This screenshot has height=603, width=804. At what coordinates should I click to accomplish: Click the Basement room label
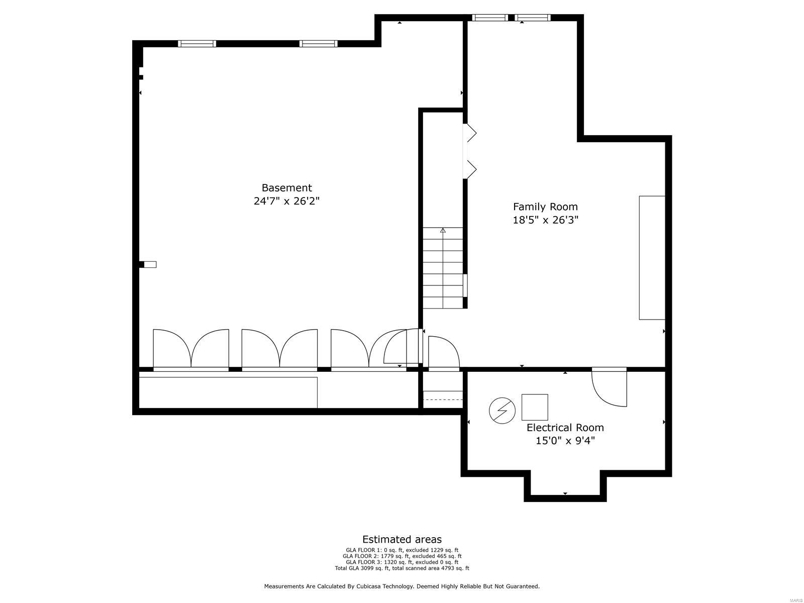286,188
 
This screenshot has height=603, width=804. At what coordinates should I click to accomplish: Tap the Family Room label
545,207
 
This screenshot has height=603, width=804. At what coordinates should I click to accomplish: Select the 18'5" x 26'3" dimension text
545,220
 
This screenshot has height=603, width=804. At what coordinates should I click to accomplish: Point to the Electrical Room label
565,428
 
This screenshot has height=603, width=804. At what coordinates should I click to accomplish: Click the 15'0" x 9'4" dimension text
565,441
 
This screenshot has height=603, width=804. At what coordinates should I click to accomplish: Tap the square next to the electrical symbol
535,407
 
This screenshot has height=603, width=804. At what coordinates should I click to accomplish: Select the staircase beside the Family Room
442,269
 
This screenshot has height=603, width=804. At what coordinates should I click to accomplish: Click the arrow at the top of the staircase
443,231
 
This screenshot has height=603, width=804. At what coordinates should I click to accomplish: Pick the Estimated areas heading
402,540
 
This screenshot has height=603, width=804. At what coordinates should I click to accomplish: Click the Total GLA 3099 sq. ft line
402,568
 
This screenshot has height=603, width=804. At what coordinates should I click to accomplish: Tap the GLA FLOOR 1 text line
402,550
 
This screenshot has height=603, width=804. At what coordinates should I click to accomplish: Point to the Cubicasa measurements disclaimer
402,586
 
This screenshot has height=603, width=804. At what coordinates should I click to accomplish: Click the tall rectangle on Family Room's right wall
652,257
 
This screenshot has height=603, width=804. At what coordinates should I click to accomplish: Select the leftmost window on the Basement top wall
197,44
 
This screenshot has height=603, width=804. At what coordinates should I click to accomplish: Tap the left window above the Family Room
490,18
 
